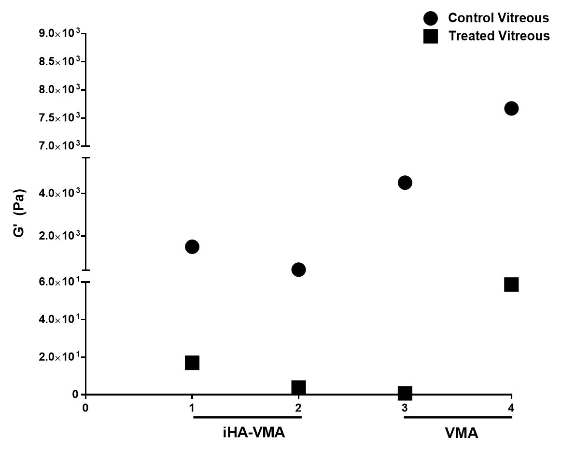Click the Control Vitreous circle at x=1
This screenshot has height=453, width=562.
pos(192,247)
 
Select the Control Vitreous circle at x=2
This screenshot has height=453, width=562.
pos(298,269)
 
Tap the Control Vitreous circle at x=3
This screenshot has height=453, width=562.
pos(405,183)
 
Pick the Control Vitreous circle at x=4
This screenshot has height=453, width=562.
pos(511,108)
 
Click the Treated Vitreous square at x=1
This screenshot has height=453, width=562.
pos(192,363)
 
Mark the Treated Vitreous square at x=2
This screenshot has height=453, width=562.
pos(298,387)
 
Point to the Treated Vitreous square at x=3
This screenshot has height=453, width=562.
pos(405,393)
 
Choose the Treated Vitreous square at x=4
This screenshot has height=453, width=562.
pos(511,284)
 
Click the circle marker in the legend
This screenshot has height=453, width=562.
pos(430,18)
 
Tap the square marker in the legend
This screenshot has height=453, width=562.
pos(430,36)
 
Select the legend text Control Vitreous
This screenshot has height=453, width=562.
pos(499,18)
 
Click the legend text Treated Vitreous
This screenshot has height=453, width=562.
pos(499,36)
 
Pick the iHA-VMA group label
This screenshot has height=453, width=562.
pos(247,433)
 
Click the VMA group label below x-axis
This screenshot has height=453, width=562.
pos(461,433)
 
